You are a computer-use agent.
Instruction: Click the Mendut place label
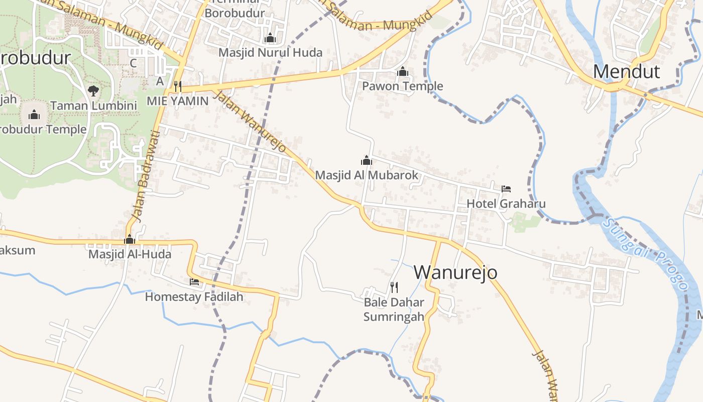pyautogui.click(x=626, y=72)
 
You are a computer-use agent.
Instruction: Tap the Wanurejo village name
pyautogui.click(x=455, y=272)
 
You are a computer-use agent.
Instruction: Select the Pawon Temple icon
pyautogui.click(x=402, y=72)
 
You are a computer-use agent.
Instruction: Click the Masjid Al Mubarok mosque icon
pyautogui.click(x=367, y=160)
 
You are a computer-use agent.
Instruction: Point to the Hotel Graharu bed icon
pyautogui.click(x=506, y=189)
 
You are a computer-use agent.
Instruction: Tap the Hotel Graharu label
pyautogui.click(x=506, y=204)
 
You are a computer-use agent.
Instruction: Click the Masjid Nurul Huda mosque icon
pyautogui.click(x=270, y=38)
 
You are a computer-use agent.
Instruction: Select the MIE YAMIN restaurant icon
pyautogui.click(x=177, y=86)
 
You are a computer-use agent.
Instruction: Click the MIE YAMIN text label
pyautogui.click(x=177, y=100)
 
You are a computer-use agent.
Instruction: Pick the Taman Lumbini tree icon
pyautogui.click(x=93, y=91)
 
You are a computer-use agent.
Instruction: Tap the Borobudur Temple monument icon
pyautogui.click(x=34, y=115)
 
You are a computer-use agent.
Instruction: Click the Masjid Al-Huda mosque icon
pyautogui.click(x=130, y=239)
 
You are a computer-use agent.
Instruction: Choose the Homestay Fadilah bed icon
pyautogui.click(x=194, y=282)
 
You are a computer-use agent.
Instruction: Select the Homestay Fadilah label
pyautogui.click(x=194, y=297)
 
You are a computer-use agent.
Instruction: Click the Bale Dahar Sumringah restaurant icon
pyautogui.click(x=394, y=287)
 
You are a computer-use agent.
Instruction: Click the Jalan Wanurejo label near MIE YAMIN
pyautogui.click(x=250, y=122)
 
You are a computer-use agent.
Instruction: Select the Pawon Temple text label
pyautogui.click(x=403, y=86)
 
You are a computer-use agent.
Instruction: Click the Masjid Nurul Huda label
pyautogui.click(x=270, y=52)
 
